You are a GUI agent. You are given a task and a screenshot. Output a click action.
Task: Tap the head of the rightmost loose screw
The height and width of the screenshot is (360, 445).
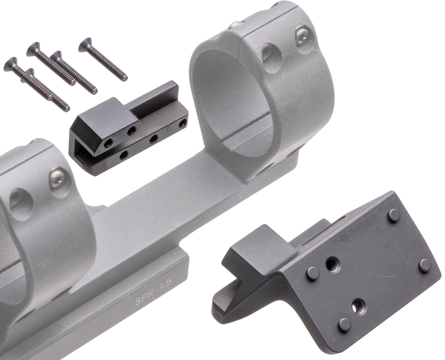(x=85, y=44)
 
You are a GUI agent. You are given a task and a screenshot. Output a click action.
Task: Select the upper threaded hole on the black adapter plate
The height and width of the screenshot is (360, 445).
(x=333, y=264)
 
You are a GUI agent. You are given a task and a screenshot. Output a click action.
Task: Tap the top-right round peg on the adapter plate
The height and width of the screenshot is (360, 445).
(x=394, y=215)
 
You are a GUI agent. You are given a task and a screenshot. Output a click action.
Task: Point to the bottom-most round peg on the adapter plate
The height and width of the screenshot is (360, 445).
(x=344, y=325)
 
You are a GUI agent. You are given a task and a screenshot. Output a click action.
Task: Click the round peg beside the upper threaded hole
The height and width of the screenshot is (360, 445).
(x=312, y=274)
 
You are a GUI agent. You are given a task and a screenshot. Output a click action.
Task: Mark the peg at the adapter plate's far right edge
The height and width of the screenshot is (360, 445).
(x=425, y=266)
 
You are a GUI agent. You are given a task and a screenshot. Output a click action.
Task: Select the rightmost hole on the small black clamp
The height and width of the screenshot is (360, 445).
(x=183, y=123)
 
